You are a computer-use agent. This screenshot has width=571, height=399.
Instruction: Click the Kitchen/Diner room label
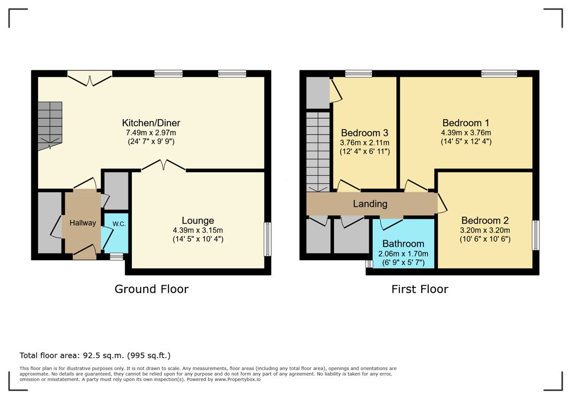[151, 123]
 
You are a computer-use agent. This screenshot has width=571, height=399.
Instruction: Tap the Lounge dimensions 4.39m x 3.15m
[198, 230]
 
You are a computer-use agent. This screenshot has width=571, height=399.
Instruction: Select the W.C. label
[119, 224]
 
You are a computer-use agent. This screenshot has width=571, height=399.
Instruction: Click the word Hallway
[83, 223]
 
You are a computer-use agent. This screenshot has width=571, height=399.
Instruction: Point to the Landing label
[370, 204]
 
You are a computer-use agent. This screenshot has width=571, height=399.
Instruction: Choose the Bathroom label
[403, 244]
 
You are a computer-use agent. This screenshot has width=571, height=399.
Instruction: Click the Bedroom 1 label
[466, 123]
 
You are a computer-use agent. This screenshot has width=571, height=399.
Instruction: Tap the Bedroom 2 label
[485, 220]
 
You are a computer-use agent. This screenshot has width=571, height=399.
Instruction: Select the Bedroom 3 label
[365, 133]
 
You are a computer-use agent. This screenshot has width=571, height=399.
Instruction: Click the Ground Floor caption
[151, 289]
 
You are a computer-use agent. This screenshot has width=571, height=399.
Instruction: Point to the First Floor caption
[420, 289]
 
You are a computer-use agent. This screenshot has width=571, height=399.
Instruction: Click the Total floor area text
[95, 355]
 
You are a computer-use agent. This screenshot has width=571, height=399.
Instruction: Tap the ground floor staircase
[50, 126]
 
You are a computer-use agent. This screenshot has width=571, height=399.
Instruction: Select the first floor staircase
[318, 152]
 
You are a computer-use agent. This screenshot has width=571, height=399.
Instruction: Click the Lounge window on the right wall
[268, 240]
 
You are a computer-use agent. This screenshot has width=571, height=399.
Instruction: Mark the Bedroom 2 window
[536, 235]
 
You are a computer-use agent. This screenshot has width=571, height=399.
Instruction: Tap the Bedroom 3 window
[359, 73]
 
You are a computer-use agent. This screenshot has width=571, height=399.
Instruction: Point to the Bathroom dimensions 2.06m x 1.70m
[403, 254]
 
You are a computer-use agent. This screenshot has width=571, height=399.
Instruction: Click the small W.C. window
[117, 257]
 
